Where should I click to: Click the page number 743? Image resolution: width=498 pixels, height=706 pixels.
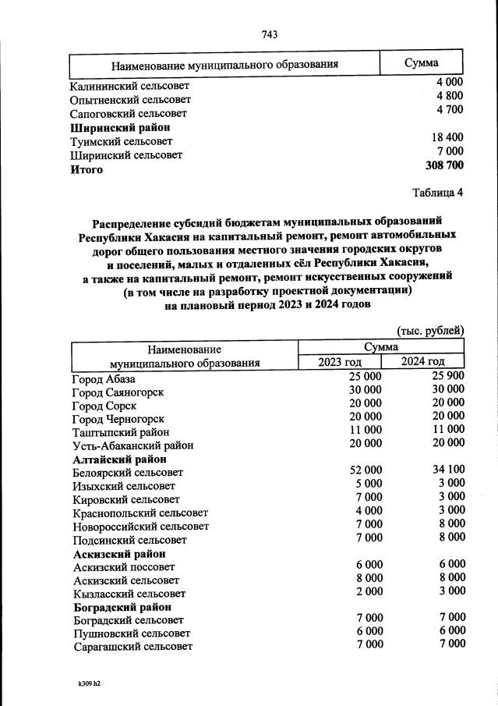point(270,34)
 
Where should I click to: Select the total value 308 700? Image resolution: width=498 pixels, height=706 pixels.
point(444,165)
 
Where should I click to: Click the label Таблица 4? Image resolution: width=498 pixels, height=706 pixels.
point(437,193)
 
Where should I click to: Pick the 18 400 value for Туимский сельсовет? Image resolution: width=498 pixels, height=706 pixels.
point(447,137)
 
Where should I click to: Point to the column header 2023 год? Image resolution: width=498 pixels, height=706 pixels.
point(340,361)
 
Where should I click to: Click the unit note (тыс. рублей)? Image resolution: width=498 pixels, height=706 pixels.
point(430,330)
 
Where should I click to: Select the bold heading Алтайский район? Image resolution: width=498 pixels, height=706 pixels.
point(119,459)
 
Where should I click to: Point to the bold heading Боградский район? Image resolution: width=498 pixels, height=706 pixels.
point(122,607)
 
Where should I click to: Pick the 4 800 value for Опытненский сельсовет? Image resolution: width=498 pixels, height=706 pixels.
point(450,95)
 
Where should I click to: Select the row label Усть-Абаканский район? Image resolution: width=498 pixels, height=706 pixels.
point(132,445)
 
